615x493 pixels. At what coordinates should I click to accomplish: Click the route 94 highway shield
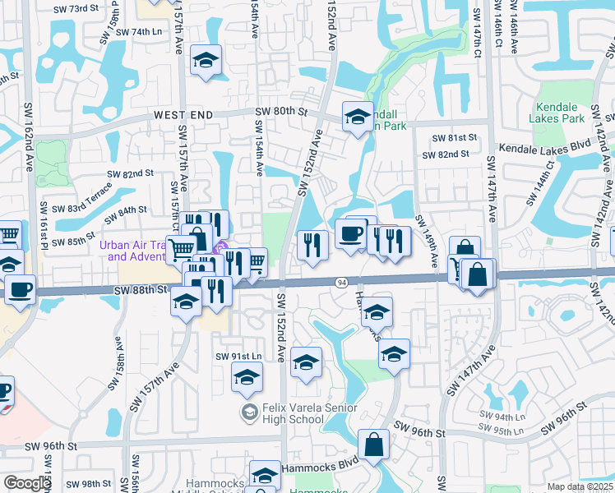(340, 283)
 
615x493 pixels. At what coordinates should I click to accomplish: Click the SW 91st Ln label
(238, 356)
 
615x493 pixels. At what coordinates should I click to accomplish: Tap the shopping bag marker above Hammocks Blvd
(374, 445)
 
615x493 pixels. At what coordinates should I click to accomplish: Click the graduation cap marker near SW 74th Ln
(205, 60)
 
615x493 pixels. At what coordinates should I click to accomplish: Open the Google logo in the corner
(27, 483)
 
